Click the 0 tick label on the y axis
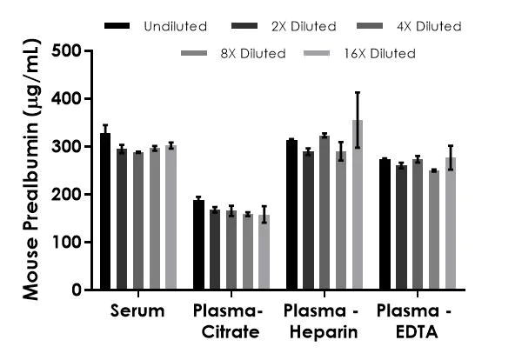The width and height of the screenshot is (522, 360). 77,290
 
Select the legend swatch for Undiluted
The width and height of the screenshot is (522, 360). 116,26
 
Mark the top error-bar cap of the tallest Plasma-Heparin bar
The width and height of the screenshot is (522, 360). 357,92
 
